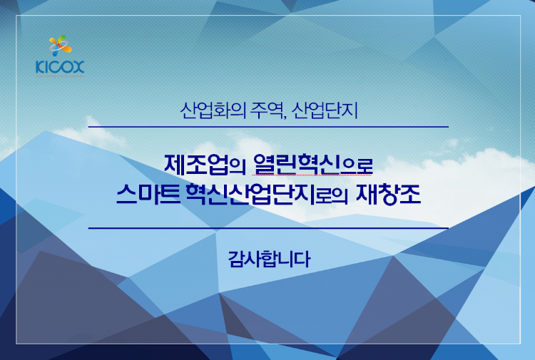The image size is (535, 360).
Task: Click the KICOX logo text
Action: coord(59,68)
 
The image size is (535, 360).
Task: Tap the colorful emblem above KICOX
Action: coord(59,46)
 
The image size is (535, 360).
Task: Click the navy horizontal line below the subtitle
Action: coord(267,127)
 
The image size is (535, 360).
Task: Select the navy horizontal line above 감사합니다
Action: coord(267,228)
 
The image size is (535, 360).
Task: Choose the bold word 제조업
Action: coord(195,164)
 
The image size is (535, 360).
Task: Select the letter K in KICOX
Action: coord(39,68)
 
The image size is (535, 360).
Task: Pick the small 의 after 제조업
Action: coord(238,166)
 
